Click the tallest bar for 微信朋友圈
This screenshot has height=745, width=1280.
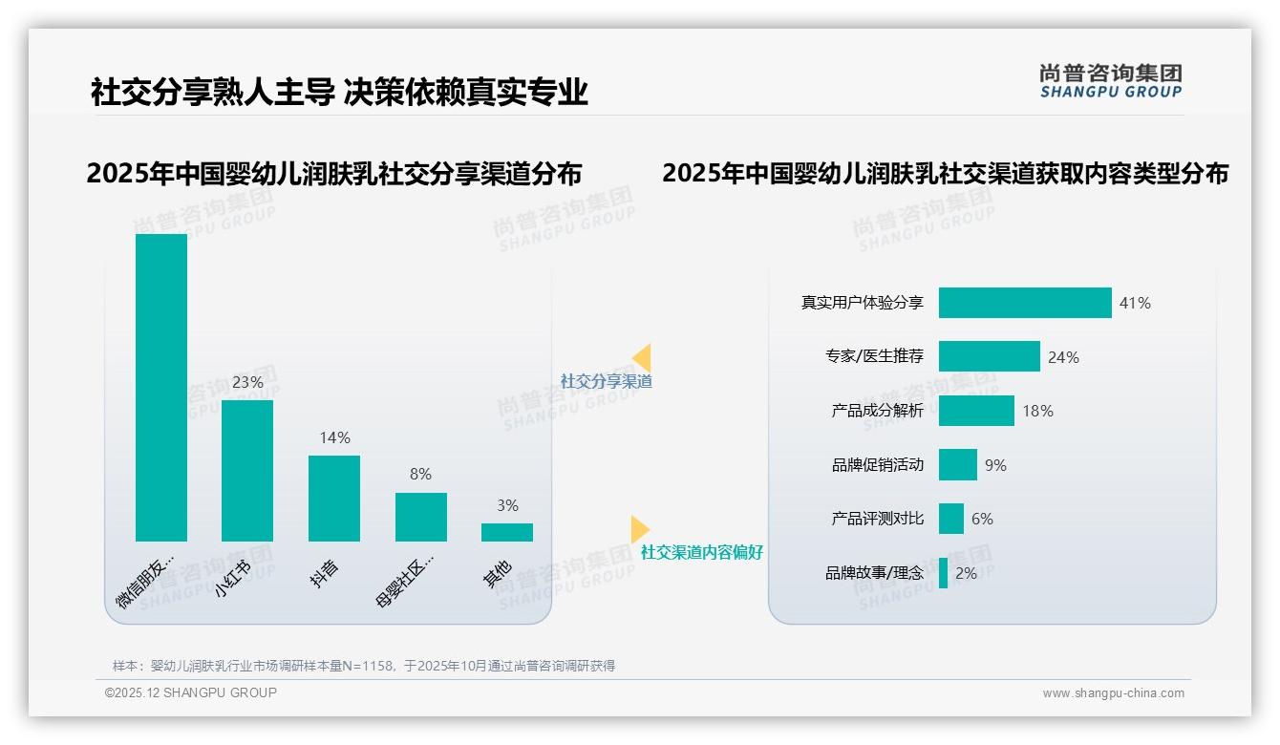pyautogui.click(x=161, y=387)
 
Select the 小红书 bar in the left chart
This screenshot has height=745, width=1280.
pyautogui.click(x=247, y=470)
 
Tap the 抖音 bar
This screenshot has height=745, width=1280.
pyautogui.click(x=334, y=498)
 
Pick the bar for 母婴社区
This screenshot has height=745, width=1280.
pyautogui.click(x=420, y=517)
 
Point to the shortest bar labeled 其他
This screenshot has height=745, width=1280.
pyautogui.click(x=507, y=532)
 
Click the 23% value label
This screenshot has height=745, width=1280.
pyautogui.click(x=247, y=382)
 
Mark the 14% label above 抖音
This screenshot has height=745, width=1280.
pyautogui.click(x=334, y=437)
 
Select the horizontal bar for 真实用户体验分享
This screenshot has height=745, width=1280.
pyautogui.click(x=1025, y=303)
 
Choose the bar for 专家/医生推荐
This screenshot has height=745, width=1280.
pyautogui.click(x=989, y=356)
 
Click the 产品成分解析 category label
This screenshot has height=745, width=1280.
pyautogui.click(x=877, y=411)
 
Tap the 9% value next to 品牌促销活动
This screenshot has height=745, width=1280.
pyautogui.click(x=995, y=465)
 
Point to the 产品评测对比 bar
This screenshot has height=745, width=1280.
pyautogui.click(x=950, y=519)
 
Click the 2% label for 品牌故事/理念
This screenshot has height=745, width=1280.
pyautogui.click(x=966, y=573)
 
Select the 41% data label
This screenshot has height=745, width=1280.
pyautogui.click(x=1135, y=303)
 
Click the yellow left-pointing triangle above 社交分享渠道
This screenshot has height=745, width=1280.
pyautogui.click(x=642, y=358)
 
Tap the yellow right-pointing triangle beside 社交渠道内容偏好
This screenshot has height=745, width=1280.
pyautogui.click(x=639, y=529)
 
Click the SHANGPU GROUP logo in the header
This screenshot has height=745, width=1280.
pyautogui.click(x=1110, y=80)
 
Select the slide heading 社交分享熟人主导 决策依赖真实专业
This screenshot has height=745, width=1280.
pyautogui.click(x=339, y=92)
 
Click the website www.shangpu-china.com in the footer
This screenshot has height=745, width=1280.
pyautogui.click(x=1113, y=693)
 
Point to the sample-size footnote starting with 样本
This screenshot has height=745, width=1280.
pyautogui.click(x=364, y=666)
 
